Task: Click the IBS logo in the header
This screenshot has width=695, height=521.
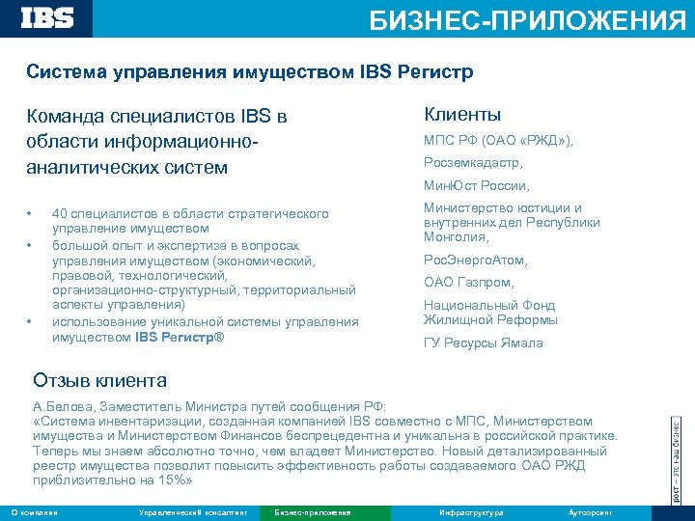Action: (x=47, y=17)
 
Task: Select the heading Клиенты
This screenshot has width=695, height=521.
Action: (x=461, y=115)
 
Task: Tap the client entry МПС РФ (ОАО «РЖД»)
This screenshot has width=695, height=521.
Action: (x=498, y=141)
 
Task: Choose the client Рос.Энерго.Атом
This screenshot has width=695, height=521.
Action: (x=475, y=260)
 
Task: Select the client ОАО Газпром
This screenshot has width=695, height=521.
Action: (x=469, y=283)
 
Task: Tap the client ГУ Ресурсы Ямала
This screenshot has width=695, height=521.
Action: (x=483, y=343)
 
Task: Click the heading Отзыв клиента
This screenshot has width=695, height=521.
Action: (x=99, y=380)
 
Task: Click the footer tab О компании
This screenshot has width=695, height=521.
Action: (x=34, y=512)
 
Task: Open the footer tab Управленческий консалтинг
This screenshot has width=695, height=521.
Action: (x=193, y=512)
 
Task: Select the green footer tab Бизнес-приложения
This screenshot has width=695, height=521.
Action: (x=313, y=512)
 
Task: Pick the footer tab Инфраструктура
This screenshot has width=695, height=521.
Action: (x=471, y=512)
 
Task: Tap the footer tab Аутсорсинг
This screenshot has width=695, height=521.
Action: (x=590, y=512)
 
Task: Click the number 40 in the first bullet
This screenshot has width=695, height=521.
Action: (x=60, y=213)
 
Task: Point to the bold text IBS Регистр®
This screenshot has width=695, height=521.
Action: (x=179, y=337)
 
